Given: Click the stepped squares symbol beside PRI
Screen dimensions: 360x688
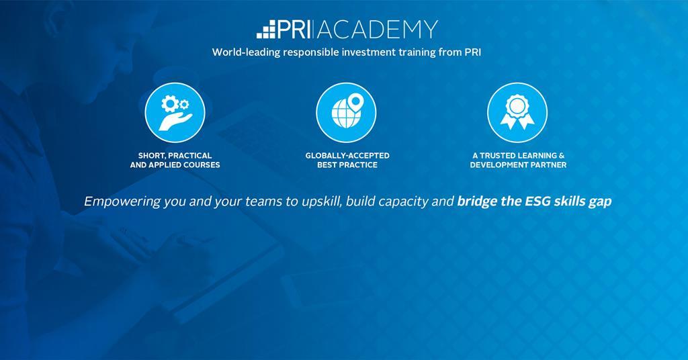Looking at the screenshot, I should click(x=266, y=30).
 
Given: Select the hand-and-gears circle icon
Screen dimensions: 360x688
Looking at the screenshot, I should click(x=175, y=112).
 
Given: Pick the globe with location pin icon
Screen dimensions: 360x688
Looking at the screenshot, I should click(x=346, y=112).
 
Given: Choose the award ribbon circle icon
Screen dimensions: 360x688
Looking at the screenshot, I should click(x=517, y=112).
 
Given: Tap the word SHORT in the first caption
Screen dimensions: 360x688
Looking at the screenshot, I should click(x=152, y=156).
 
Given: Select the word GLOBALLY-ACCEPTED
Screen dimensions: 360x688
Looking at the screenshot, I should click(x=347, y=156).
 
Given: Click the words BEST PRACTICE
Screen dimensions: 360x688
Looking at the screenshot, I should click(x=347, y=165).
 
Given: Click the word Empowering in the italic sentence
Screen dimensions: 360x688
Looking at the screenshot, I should click(x=122, y=201).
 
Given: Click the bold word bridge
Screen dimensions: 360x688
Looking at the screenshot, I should click(x=478, y=201).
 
